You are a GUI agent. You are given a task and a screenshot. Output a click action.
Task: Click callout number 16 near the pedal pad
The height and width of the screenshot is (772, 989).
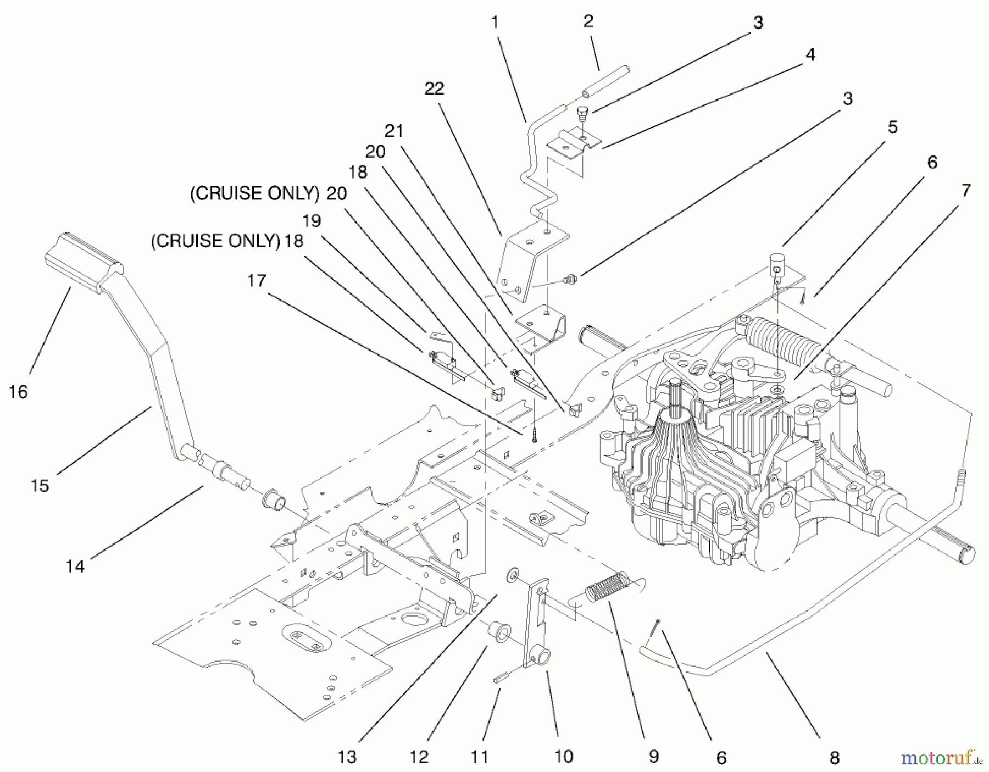pos(18,392)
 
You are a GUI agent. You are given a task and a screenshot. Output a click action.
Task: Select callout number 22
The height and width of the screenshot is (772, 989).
pos(434,88)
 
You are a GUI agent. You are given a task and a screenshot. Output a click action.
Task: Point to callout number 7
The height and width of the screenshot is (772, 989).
pos(965,191)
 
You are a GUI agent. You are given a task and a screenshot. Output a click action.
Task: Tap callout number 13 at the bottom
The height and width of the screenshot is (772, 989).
pos(347,757)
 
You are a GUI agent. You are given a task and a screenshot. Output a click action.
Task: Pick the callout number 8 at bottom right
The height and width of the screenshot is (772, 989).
pos(834,758)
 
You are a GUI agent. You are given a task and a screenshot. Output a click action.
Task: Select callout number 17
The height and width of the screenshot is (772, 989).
pos(257,281)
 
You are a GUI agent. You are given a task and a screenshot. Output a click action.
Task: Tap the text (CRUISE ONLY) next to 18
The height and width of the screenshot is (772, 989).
pos(215,241)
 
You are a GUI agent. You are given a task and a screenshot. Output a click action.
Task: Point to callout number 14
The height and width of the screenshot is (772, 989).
pos(75,565)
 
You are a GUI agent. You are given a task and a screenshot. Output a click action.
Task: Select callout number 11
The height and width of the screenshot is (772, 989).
pos(479,757)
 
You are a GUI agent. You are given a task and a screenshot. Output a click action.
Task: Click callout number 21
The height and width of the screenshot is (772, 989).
pos(394,131)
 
